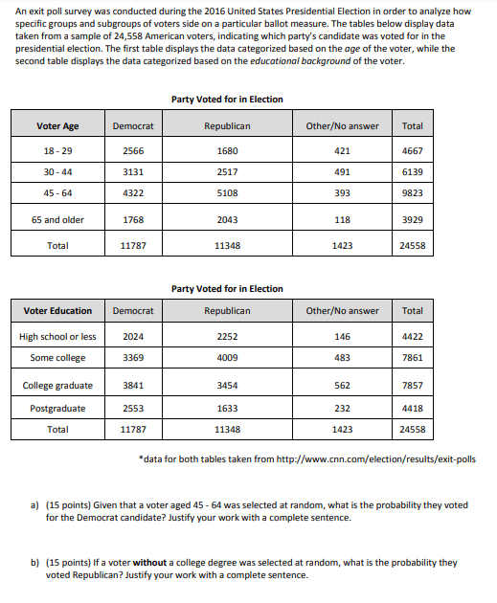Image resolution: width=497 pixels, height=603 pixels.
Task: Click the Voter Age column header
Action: (57, 126)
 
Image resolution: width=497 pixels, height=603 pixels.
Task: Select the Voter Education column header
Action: (57, 311)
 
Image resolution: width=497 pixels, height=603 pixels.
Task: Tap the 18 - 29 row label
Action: (57, 151)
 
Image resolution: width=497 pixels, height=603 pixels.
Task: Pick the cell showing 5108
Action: (227, 191)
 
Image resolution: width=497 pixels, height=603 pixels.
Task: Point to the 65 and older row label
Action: (57, 220)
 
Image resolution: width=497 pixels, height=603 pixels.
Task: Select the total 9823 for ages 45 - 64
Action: (413, 191)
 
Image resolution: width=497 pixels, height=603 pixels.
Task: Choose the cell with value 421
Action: (342, 151)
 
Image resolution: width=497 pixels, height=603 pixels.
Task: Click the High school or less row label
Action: (57, 337)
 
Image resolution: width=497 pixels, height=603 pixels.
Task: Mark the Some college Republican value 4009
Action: (227, 358)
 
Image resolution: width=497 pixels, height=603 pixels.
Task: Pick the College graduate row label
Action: (57, 386)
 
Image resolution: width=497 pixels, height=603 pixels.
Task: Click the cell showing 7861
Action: (413, 358)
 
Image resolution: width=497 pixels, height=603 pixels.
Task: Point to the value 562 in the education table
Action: (342, 386)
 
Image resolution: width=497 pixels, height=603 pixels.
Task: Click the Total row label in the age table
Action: (57, 246)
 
